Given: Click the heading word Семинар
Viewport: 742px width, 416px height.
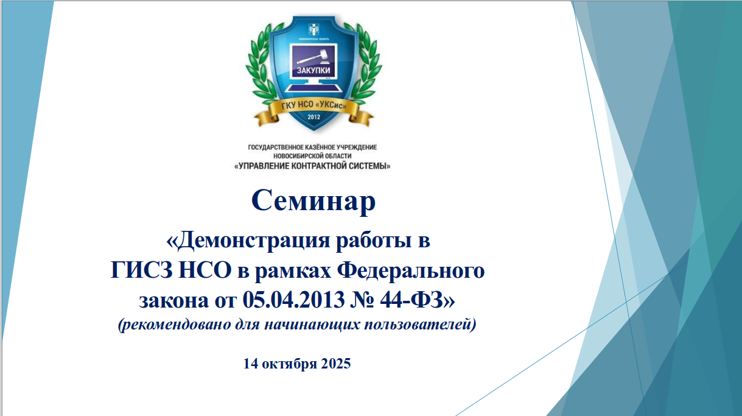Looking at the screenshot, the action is [313, 201].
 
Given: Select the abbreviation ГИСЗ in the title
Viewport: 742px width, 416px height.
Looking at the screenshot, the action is [141, 270].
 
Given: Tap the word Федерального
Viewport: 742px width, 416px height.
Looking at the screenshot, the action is [411, 272].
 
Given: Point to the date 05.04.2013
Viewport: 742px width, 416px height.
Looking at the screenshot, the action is [293, 300].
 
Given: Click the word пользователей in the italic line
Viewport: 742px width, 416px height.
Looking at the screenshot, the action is [418, 324].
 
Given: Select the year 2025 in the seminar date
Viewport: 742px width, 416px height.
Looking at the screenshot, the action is [335, 364].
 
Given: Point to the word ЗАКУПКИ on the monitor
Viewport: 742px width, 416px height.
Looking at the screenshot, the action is [313, 70].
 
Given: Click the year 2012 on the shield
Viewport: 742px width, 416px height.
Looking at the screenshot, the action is [313, 117].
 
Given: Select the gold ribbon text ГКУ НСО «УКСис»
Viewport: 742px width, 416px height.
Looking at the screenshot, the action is [313, 105].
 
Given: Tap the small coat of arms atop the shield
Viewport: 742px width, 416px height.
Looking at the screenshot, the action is [313, 29].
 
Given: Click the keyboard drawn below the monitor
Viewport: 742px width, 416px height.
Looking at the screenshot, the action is [313, 88].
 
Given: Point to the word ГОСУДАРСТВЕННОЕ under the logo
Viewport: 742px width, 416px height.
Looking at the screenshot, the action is [275, 147].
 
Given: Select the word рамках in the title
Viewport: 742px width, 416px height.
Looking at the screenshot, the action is [293, 272].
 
